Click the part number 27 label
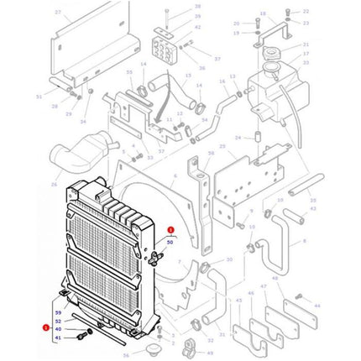pyautogui.click(x=57, y=13)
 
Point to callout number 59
pyautogui.click(x=58, y=312)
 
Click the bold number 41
pyautogui.click(x=58, y=338)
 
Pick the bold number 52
pyautogui.click(x=58, y=321)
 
